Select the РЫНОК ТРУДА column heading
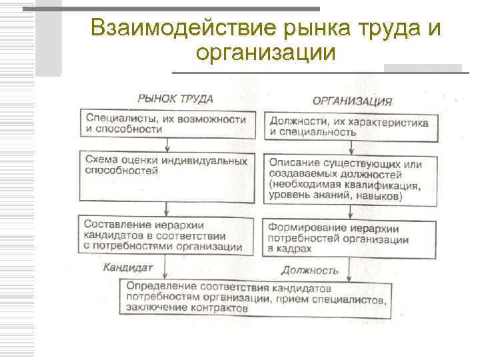(x=175, y=98)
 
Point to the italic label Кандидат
(x=129, y=267)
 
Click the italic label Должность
(x=309, y=270)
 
